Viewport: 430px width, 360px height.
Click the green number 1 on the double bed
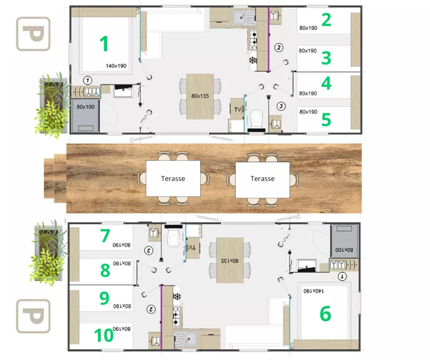click(104, 44)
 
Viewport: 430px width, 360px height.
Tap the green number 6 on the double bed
click(326, 314)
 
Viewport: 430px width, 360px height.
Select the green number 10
click(104, 335)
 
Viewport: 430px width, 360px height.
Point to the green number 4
click(326, 83)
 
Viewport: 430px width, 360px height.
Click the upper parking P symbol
click(33, 34)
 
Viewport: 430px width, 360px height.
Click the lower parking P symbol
click(33, 316)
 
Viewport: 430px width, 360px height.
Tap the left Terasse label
click(173, 179)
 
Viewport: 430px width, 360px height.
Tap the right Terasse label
click(262, 179)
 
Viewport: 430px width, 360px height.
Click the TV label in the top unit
click(237, 110)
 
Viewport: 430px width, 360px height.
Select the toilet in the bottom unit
click(174, 235)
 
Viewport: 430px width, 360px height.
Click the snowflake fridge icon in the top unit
click(252, 60)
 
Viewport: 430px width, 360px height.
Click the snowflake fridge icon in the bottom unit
click(177, 296)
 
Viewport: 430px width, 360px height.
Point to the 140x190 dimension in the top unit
click(116, 66)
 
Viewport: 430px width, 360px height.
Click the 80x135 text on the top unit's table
click(200, 96)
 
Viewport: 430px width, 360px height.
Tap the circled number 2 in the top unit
click(279, 47)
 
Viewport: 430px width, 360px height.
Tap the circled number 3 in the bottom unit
click(149, 250)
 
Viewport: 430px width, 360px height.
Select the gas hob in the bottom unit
click(176, 317)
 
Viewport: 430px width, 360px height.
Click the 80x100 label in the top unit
click(86, 107)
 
